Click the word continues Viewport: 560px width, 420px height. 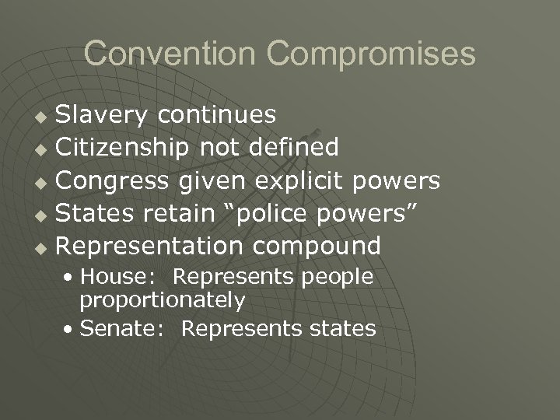coord(215,115)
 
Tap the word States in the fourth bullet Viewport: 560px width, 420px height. coord(92,213)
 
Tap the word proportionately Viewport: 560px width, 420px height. coord(163,300)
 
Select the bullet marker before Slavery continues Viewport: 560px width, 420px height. coord(44,117)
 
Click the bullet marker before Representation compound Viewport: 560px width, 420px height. coord(44,247)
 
